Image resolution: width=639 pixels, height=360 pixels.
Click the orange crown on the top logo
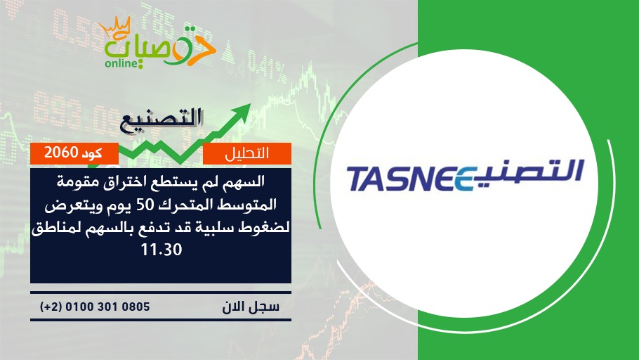click(115, 27)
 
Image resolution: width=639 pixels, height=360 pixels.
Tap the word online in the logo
click(122, 63)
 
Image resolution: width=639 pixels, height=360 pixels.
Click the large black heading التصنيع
click(162, 120)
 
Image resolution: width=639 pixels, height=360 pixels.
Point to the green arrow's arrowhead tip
click(250, 104)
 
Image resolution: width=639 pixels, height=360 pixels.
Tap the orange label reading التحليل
click(247, 153)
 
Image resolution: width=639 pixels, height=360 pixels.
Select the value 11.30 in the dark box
click(161, 250)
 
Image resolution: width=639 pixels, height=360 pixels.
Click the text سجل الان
click(251, 307)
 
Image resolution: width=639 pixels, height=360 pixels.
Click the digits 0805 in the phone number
click(136, 307)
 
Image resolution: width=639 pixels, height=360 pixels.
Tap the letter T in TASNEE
click(359, 179)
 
